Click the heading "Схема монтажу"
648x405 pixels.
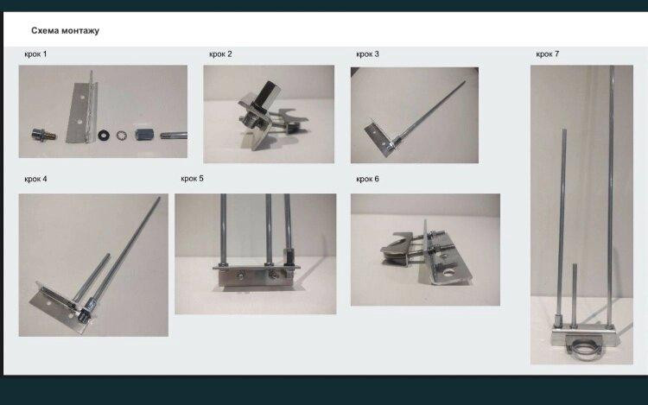pyautogui.click(x=66, y=30)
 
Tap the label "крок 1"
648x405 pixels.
pyautogui.click(x=35, y=54)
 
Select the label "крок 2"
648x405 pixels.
pyautogui.click(x=220, y=54)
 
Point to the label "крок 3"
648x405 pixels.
pyautogui.click(x=367, y=54)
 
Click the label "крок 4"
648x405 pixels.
pyautogui.click(x=35, y=179)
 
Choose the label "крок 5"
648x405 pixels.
pyautogui.click(x=192, y=179)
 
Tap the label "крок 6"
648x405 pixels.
pyautogui.click(x=367, y=179)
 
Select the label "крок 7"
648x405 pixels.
pyautogui.click(x=548, y=54)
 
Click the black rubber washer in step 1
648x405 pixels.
pyautogui.click(x=104, y=135)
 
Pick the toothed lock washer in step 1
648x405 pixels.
pyautogui.click(x=122, y=135)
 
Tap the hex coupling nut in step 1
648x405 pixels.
pyautogui.click(x=144, y=135)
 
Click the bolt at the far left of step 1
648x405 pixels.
pyautogui.click(x=44, y=135)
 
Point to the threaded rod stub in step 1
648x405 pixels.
pyautogui.click(x=174, y=136)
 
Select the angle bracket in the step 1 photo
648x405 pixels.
pyautogui.click(x=83, y=111)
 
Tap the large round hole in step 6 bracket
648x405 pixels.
pyautogui.click(x=448, y=273)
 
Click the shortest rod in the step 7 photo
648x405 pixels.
pyautogui.click(x=575, y=294)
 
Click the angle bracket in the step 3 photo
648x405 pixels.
pyautogui.click(x=379, y=137)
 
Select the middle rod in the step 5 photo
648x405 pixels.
pyautogui.click(x=269, y=228)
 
